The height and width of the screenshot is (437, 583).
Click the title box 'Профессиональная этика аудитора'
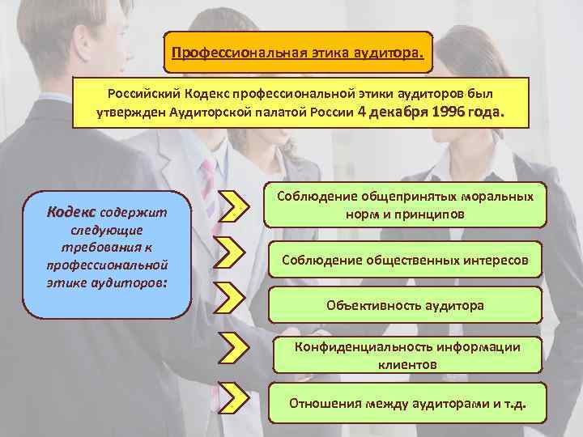(x=298, y=53)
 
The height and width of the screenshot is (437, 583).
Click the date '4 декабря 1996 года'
(x=437, y=113)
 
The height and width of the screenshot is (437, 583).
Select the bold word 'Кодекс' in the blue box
(x=72, y=212)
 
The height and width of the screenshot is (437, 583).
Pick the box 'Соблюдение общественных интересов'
(x=405, y=261)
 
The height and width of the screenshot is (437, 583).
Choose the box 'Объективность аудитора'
(x=405, y=305)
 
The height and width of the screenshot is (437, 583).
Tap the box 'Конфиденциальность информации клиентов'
(x=406, y=355)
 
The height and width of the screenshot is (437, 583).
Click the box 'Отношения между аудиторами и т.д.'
(x=406, y=402)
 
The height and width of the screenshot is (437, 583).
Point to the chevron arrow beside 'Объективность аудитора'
(x=232, y=296)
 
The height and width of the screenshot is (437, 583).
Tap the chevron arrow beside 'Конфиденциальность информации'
(x=232, y=347)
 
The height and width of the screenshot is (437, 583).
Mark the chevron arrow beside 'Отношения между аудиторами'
(x=232, y=397)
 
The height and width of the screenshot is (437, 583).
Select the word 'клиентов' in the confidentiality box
(x=406, y=364)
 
